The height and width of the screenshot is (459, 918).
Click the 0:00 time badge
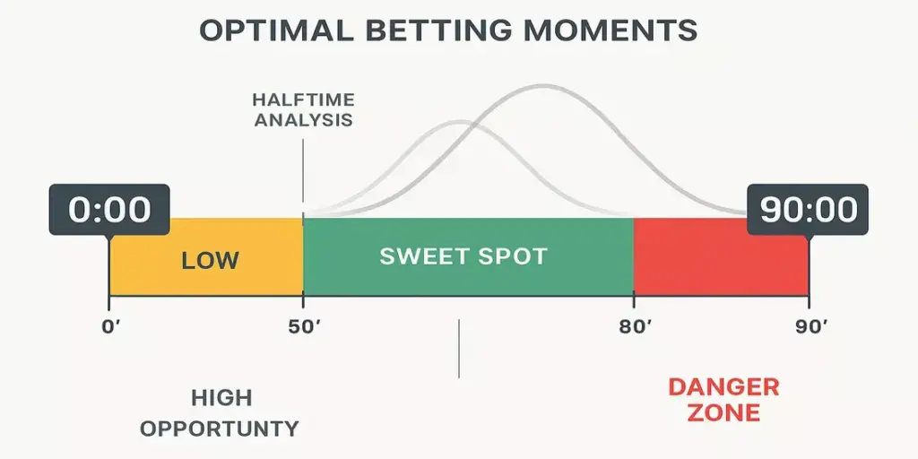click(x=110, y=210)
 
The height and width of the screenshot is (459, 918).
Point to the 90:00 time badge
click(x=809, y=210)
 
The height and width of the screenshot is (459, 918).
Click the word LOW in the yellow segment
click(x=211, y=261)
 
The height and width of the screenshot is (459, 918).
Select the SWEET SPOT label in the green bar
click(x=463, y=256)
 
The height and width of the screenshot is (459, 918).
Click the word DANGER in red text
click(x=723, y=388)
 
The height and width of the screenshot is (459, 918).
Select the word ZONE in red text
click(x=723, y=413)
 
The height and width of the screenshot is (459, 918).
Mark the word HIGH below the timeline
click(x=221, y=398)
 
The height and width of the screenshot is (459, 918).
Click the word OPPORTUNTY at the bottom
click(x=219, y=429)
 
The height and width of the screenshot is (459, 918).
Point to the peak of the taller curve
click(x=541, y=85)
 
